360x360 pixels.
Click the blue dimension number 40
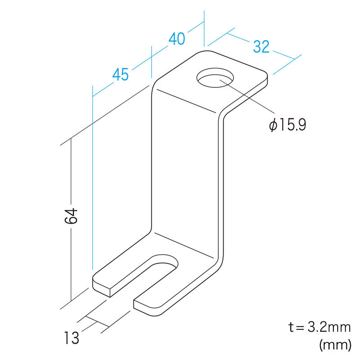177,39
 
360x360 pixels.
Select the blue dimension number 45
121,74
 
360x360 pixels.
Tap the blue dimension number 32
261,47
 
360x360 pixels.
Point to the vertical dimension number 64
71,216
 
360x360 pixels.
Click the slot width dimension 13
72,337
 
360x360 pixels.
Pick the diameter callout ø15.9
288,125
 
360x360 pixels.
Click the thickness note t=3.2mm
319,327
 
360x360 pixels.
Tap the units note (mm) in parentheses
335,345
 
